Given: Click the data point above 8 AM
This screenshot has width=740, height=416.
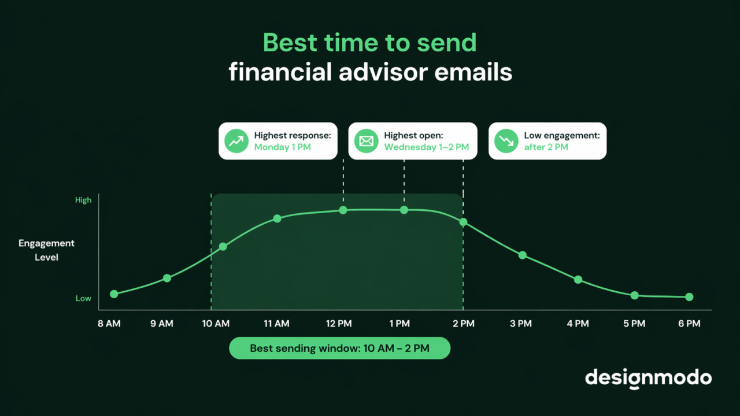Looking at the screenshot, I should point(114,294).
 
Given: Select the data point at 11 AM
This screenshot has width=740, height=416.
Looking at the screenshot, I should point(277,218).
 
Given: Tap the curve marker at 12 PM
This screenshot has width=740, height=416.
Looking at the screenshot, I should point(343,210).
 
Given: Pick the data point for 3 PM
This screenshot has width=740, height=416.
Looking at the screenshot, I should point(523,255).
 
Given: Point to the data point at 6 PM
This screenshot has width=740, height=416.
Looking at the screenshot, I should point(689,297).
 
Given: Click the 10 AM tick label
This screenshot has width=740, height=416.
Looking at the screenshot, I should point(216,324).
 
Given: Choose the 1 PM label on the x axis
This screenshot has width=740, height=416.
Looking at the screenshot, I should point(399,324).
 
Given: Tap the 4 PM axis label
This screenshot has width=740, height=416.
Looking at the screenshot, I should point(578,324).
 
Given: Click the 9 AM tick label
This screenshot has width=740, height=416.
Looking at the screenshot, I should point(162,324).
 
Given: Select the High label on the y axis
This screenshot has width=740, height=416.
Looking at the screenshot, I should point(83,200).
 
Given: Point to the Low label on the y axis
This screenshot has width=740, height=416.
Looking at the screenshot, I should point(83,298).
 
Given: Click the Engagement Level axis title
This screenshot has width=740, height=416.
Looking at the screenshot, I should point(46,250).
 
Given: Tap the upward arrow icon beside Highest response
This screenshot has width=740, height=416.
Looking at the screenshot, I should point(236,141).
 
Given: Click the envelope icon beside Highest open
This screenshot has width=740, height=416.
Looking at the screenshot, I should point(366,141).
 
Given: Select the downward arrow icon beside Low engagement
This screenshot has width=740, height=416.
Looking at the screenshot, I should point(506,141).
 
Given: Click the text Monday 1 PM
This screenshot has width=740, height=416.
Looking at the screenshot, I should point(283,147).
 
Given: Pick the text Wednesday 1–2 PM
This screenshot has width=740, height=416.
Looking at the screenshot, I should point(427,147).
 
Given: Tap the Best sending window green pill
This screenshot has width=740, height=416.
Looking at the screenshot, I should point(339,348).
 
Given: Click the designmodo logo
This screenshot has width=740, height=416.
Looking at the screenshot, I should point(648,378).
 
